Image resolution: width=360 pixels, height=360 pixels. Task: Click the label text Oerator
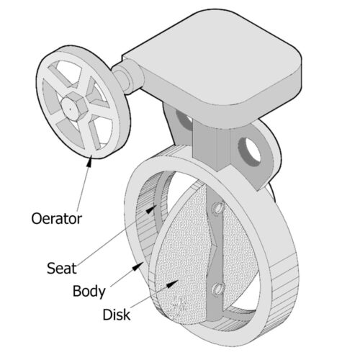[57, 219]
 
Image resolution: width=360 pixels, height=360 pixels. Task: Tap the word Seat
[62, 268]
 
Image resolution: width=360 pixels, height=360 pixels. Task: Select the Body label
[89, 292]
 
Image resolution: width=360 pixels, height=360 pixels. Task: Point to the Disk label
[117, 315]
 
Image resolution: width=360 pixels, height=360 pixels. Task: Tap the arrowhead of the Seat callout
[151, 210]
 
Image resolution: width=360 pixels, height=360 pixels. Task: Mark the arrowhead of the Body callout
[138, 266]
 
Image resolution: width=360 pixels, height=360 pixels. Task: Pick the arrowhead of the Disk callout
[173, 284]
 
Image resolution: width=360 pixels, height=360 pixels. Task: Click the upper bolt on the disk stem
[217, 208]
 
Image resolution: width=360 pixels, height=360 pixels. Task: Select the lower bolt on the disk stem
[217, 289]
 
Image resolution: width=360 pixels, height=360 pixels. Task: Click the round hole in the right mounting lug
[250, 152]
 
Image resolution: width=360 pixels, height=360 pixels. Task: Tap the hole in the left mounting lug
[184, 119]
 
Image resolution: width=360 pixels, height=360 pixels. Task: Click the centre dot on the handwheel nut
[71, 109]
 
